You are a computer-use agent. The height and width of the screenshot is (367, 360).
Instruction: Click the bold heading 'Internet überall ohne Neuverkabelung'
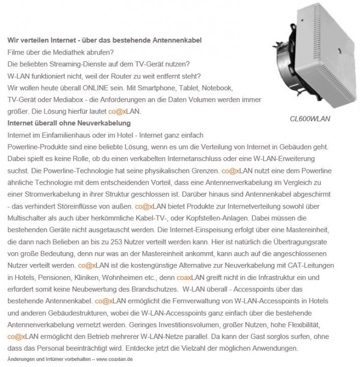69,123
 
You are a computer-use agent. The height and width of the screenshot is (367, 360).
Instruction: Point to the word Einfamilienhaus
61,135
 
